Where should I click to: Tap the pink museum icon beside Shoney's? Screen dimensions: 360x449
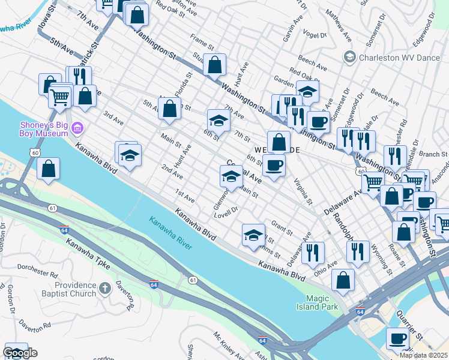(x=77, y=128)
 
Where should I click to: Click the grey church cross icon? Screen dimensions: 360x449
(x=105, y=289)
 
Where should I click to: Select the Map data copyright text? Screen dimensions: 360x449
(x=423, y=355)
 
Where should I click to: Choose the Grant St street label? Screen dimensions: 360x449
(x=282, y=227)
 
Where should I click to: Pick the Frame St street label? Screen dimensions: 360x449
(x=202, y=45)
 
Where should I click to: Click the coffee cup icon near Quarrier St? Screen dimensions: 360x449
(x=397, y=338)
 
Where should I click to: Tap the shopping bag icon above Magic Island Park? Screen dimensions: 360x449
(x=343, y=280)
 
